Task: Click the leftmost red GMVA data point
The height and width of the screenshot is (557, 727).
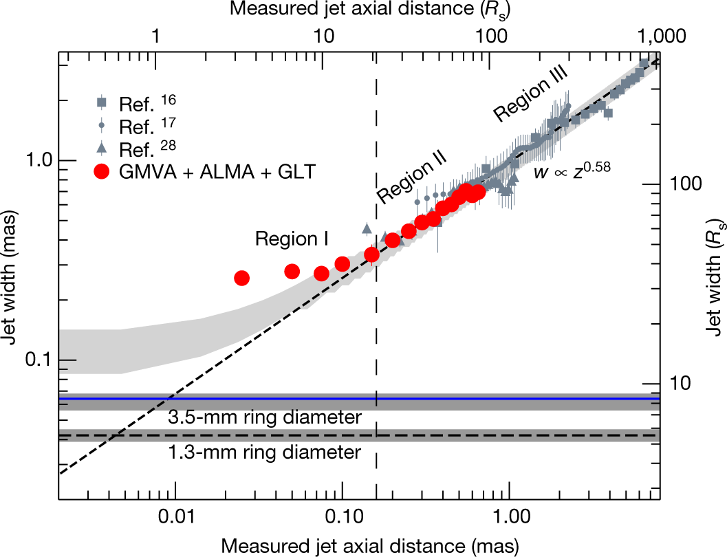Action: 241,278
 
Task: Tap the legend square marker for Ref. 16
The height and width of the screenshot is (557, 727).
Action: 102,102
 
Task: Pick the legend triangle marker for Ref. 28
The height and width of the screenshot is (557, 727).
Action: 102,147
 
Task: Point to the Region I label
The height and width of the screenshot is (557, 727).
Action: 291,239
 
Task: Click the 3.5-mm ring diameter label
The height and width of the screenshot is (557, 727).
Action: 264,417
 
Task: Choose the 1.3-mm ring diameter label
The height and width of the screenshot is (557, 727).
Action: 264,452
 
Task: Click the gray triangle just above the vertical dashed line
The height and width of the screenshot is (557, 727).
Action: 367,228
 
